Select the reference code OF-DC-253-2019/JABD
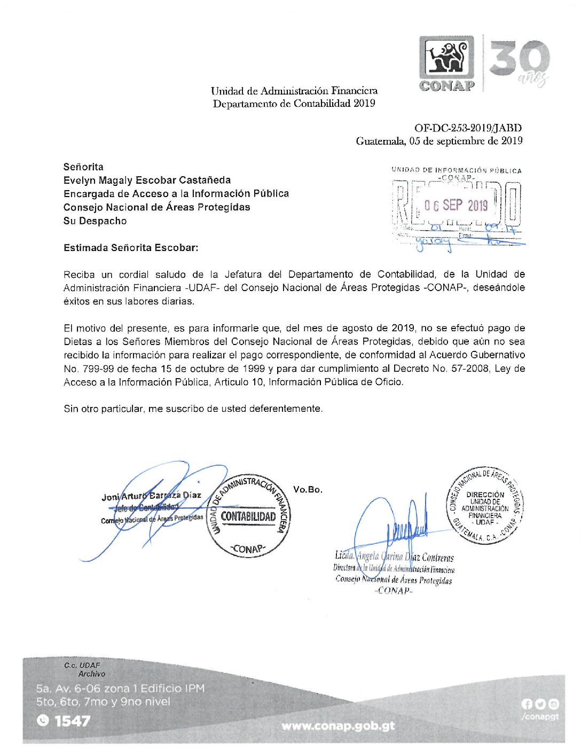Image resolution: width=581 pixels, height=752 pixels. click(468, 128)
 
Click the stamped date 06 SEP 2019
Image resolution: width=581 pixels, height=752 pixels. click(456, 205)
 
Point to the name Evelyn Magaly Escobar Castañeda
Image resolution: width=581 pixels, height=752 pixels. click(147, 180)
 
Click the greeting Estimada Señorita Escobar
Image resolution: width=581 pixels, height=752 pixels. click(131, 248)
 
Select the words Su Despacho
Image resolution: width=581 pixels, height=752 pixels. click(95, 221)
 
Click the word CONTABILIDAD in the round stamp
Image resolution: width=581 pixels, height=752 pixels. click(248, 516)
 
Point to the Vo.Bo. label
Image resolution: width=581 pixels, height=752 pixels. click(308, 489)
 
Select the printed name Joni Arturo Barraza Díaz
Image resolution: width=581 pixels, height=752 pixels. click(151, 496)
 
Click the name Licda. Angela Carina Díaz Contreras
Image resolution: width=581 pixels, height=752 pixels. click(394, 557)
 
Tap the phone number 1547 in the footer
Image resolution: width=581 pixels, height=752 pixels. click(72, 721)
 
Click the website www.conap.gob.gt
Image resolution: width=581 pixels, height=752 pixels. click(338, 726)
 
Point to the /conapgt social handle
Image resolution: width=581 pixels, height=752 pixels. click(540, 717)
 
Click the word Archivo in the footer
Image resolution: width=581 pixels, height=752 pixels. click(91, 674)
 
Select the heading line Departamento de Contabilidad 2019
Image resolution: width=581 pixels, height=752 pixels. click(294, 104)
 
